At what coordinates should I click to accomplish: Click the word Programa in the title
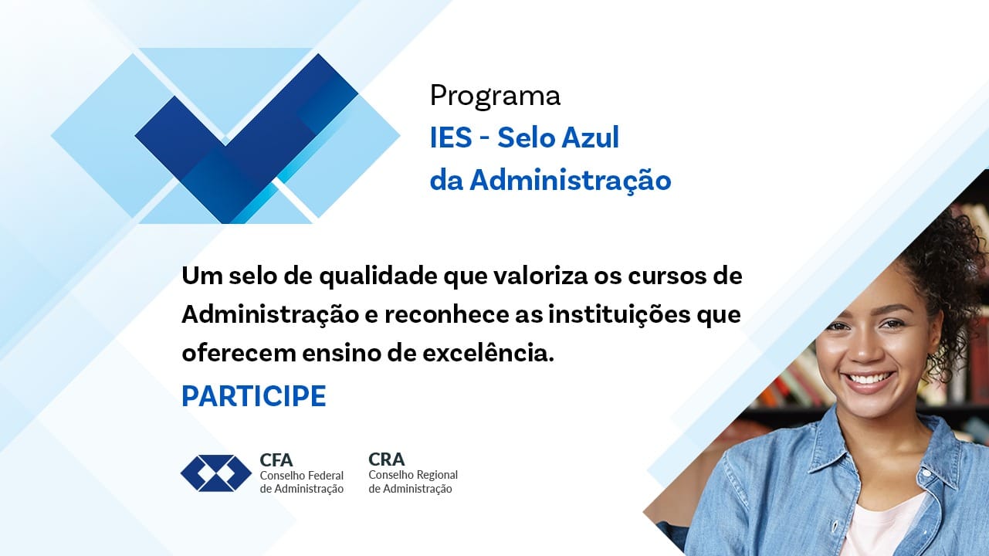(495, 97)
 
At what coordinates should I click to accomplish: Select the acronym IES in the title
(450, 138)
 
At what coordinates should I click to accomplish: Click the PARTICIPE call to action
(253, 396)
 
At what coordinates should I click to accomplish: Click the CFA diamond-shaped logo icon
(216, 473)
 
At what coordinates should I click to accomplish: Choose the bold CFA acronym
(276, 460)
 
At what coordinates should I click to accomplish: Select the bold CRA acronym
(386, 459)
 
